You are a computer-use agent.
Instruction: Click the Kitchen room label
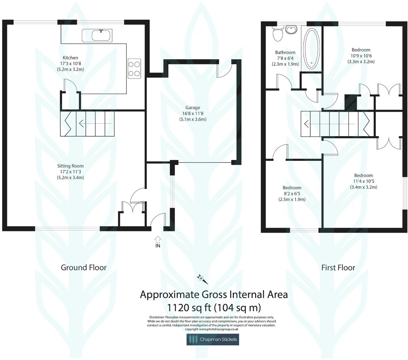coord(70,58)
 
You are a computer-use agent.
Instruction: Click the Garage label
coord(193,107)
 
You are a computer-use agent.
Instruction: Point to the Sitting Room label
coord(70,166)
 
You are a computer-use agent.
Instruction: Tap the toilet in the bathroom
coord(278,34)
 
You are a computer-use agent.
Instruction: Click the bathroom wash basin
coord(291,30)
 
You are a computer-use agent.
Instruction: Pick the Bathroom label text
coord(285,52)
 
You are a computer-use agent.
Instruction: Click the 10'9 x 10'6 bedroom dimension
coord(361,56)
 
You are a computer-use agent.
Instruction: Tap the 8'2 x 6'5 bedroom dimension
coord(292,194)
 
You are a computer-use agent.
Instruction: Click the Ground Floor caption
coord(83,268)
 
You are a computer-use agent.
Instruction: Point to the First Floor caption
coord(338,268)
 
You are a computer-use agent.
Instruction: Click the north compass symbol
coord(202,279)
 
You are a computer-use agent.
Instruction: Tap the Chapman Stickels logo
coord(213,339)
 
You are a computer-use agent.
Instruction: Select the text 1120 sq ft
coord(188,308)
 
